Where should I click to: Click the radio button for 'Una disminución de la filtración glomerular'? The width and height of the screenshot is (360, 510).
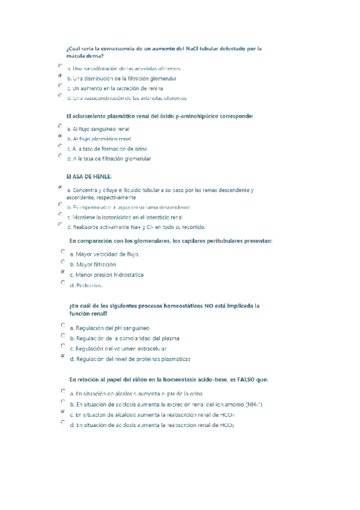tap(60, 76)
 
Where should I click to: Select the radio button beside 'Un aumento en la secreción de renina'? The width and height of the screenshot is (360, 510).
tap(60, 86)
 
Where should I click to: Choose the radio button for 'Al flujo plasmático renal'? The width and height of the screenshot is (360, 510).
tap(60, 137)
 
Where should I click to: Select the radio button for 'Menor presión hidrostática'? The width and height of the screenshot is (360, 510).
tap(63, 272)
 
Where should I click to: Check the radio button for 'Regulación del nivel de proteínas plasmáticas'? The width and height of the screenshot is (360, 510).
tap(63, 356)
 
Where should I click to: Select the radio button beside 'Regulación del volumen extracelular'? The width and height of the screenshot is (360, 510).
tap(63, 346)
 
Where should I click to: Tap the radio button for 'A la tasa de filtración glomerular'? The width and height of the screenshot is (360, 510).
tap(60, 156)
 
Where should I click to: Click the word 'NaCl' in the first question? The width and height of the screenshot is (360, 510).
tap(194, 48)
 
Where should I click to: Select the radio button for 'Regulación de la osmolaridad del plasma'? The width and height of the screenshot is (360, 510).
tap(63, 336)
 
